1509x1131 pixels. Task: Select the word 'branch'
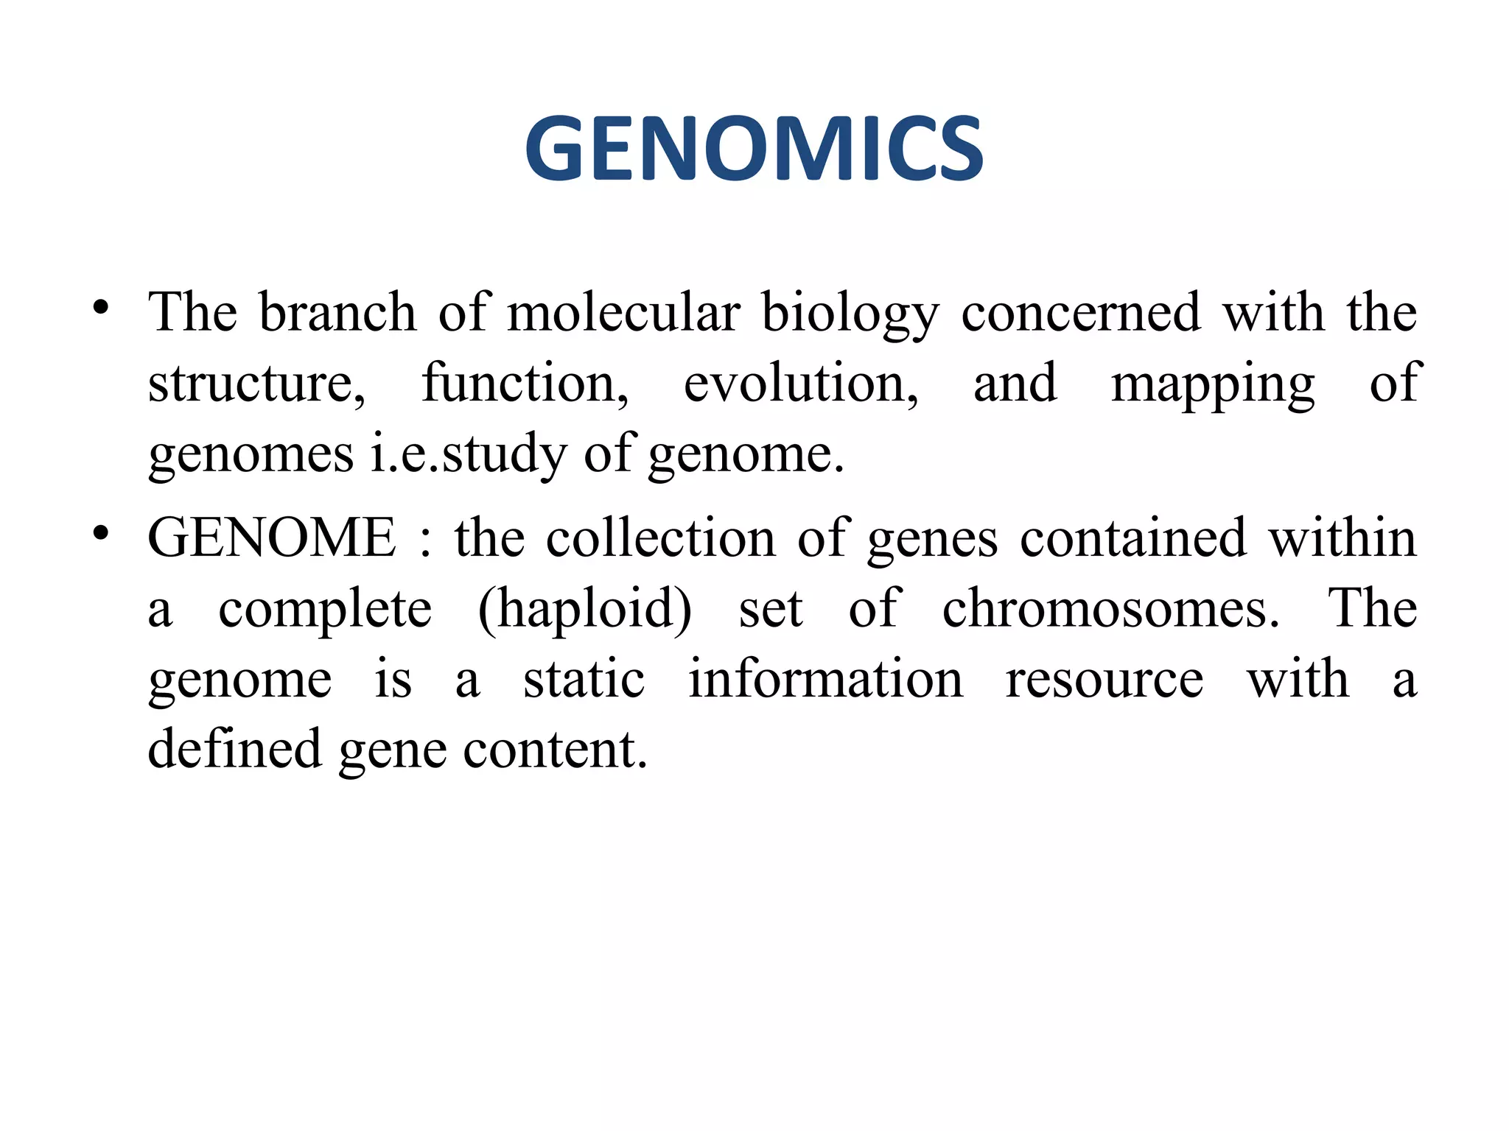[x=337, y=312]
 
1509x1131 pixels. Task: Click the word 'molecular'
[x=623, y=312]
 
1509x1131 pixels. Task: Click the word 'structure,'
[x=256, y=383]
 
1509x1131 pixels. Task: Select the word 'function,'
[x=525, y=383]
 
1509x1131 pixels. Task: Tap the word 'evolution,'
[x=801, y=383]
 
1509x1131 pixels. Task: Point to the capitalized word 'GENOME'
[x=272, y=538]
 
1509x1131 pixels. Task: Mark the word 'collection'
[x=661, y=538]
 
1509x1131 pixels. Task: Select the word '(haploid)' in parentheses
[x=585, y=610]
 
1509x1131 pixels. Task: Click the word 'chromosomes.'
[x=1111, y=608]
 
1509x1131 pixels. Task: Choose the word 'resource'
[x=1104, y=680]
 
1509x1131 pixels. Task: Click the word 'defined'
[x=235, y=748]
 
